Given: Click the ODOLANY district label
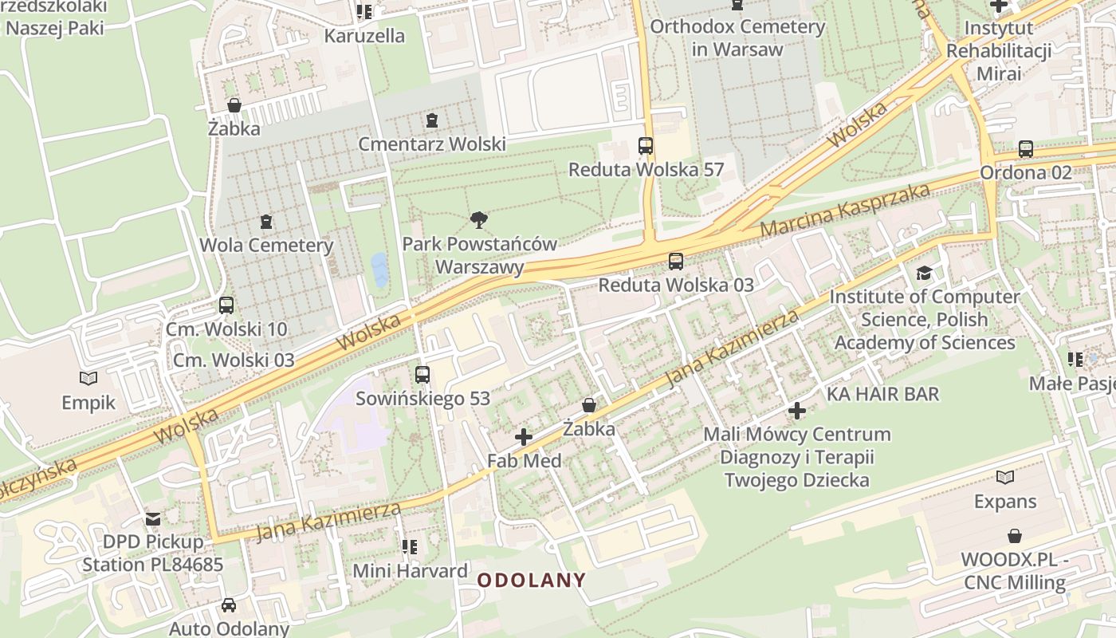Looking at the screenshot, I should point(532,580).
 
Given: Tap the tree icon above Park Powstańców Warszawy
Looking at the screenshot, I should point(478,219).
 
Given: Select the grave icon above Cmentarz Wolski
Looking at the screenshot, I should point(432,120).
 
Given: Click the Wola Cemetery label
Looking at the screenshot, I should point(266,245).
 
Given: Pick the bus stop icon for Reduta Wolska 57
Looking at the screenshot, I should point(646,146).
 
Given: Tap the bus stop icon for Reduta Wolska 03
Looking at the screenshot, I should point(676,261).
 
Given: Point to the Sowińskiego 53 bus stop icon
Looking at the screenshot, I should point(422,374).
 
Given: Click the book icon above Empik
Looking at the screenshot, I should point(88,378).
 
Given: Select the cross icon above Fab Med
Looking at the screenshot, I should point(524,436).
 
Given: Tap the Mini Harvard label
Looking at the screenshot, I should point(410,571).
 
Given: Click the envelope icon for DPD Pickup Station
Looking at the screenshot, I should point(153,518).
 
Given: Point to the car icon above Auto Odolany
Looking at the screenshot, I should point(229,605).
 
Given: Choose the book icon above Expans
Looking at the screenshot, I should point(1005,477).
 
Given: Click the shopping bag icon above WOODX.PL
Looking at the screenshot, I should point(1015,535).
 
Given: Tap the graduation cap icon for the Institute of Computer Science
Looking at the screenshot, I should point(924,273).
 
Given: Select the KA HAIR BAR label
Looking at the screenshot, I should point(882,394).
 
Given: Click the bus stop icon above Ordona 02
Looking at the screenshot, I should point(1026,149).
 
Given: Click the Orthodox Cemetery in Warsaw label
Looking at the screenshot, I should point(737,37).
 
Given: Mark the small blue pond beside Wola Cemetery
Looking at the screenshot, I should point(379,270).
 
